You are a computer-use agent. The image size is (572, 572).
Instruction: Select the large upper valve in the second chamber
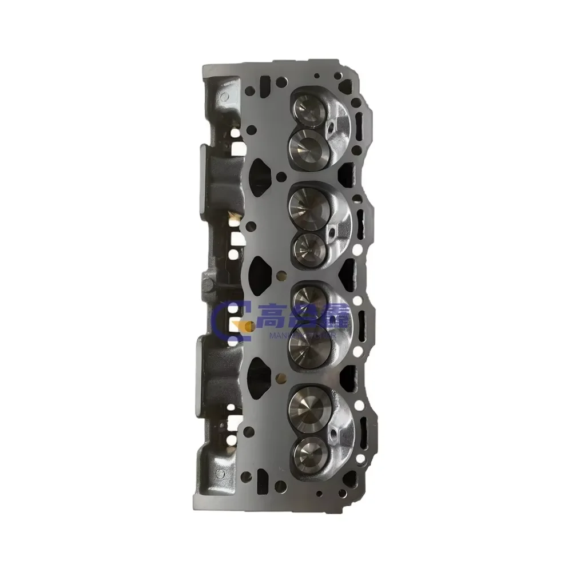point(308,203)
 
